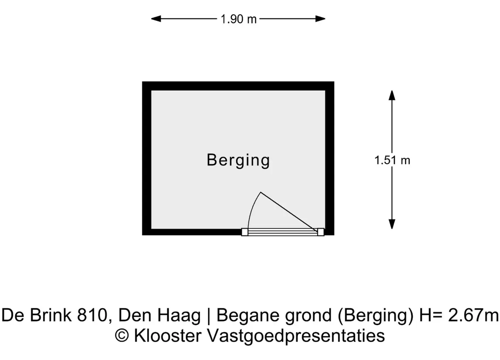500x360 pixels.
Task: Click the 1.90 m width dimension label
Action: pos(238,19)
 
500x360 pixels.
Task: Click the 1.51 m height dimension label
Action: pos(392,160)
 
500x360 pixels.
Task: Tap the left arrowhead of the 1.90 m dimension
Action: pos(156,19)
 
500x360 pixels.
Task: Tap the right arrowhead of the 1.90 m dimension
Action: pos(320,19)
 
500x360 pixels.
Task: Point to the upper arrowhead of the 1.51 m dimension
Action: pos(392,95)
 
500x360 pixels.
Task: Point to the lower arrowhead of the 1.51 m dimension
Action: pos(392,224)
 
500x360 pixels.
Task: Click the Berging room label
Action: pos(238,161)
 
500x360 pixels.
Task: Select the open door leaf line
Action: pos(289,212)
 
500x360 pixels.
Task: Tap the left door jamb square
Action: pos(245,232)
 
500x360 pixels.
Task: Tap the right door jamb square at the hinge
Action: pos(321,232)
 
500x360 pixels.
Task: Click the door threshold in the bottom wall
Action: pos(283,232)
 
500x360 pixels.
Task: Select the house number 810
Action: pos(92,316)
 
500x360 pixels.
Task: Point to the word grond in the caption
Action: pos(308,316)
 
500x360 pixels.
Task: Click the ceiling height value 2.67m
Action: pos(473,315)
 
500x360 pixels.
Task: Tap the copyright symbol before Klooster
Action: pos(121,336)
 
